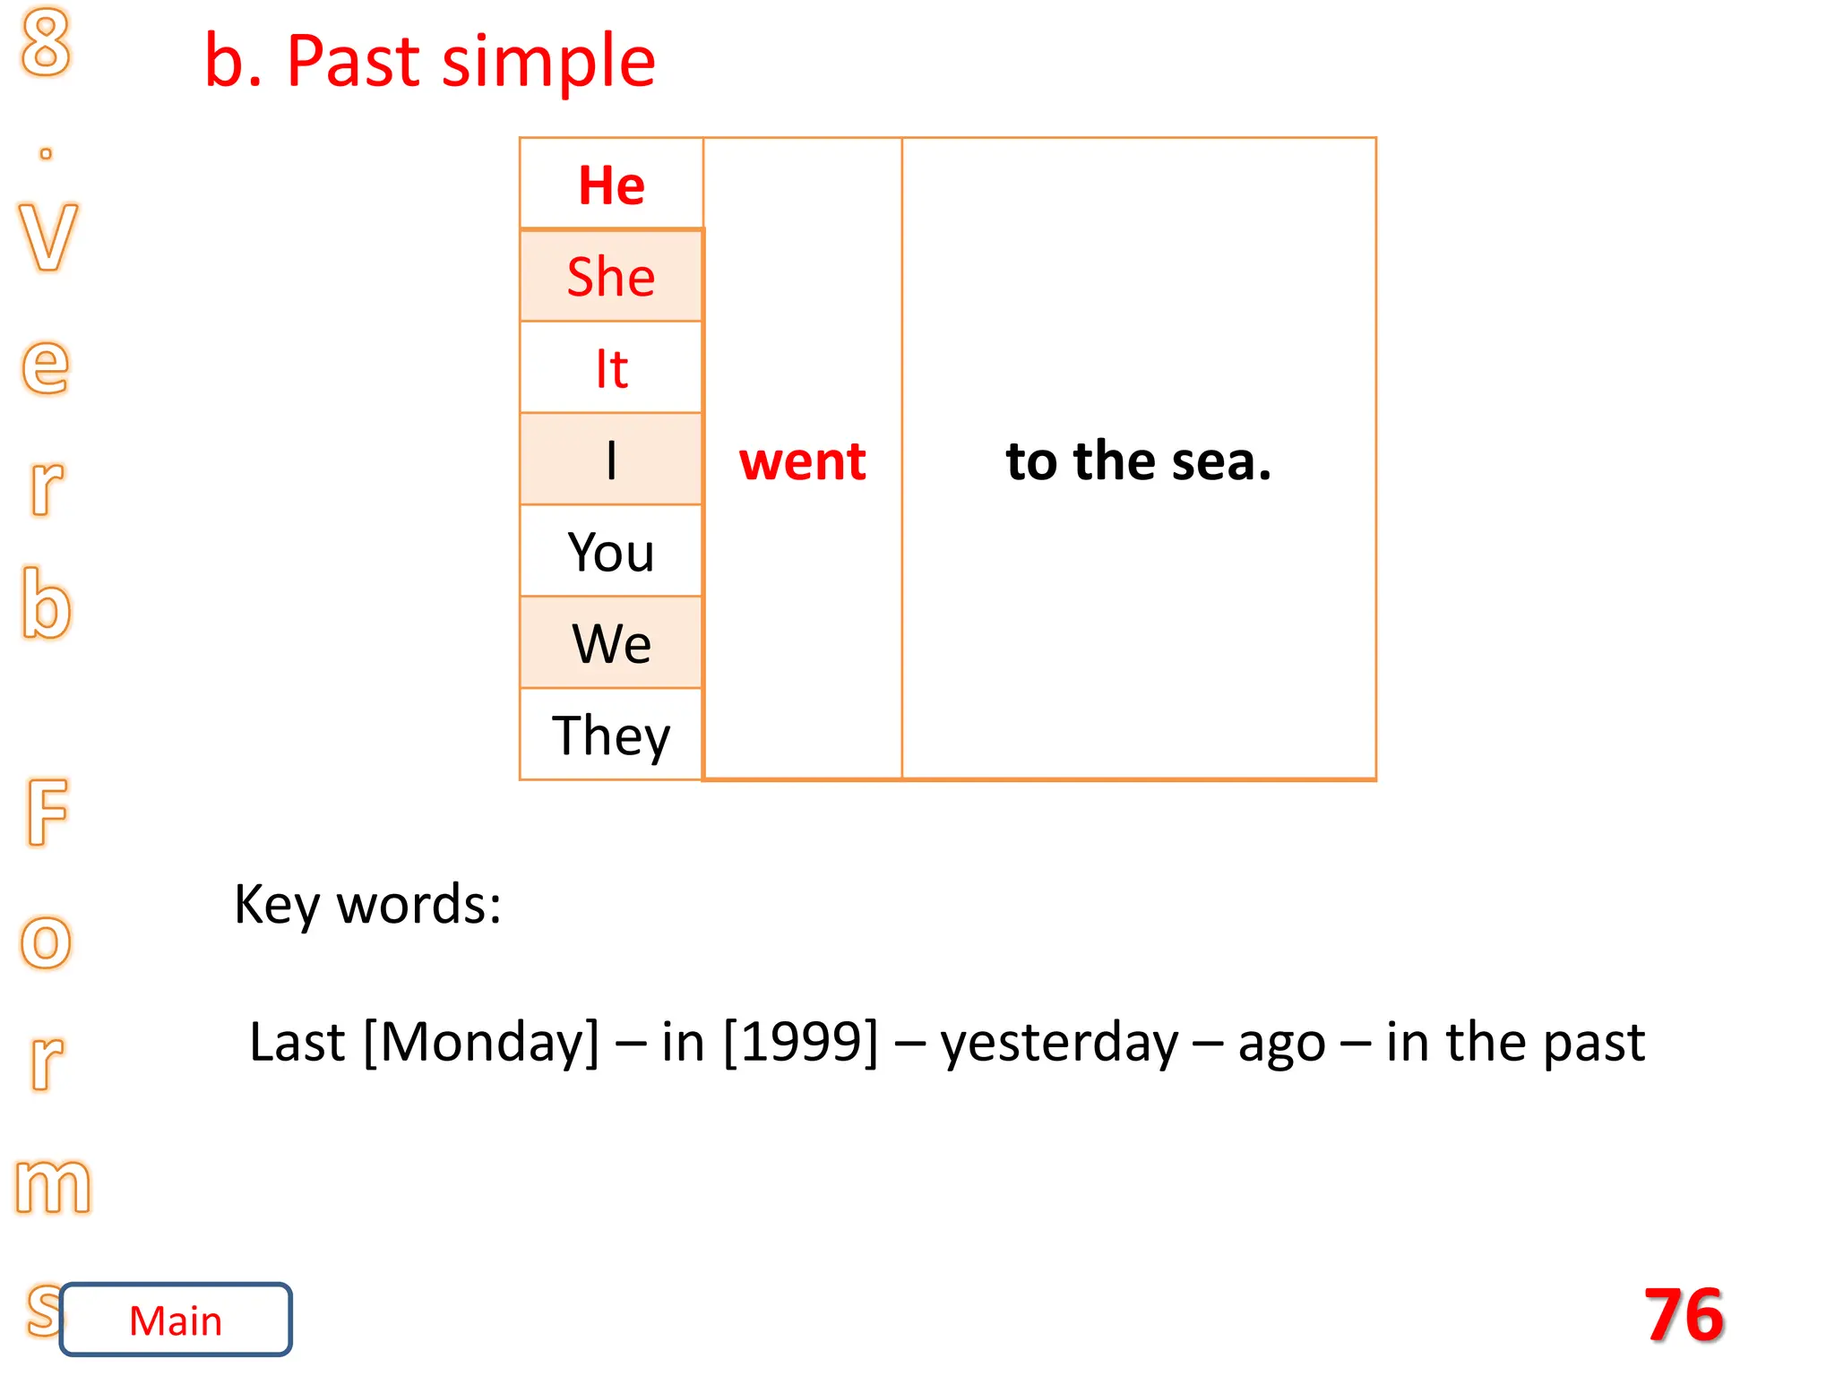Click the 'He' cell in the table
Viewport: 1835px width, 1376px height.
click(611, 185)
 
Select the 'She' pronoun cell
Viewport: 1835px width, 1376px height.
click(611, 276)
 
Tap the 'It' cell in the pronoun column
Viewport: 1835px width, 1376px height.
click(611, 368)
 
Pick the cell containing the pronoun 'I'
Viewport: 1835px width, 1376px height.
click(611, 460)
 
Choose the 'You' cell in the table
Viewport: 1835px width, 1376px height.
click(611, 552)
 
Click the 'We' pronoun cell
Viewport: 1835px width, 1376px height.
click(611, 643)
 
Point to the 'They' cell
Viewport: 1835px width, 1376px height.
click(611, 735)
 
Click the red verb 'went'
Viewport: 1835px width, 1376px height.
click(802, 461)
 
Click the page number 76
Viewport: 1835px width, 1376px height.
click(1684, 1314)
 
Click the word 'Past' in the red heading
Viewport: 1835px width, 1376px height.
click(354, 61)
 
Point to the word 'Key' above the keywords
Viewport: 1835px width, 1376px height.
click(276, 905)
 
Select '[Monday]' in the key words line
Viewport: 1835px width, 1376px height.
click(481, 1042)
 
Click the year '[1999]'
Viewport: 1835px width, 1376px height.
click(800, 1042)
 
